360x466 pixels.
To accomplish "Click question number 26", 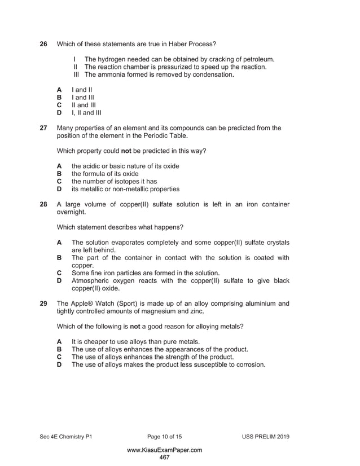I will pyautogui.click(x=43, y=43).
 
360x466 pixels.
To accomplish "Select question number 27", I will pyautogui.click(x=43, y=128).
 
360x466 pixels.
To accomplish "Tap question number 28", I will pyautogui.click(x=43, y=204).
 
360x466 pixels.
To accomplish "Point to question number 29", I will pyautogui.click(x=43, y=304).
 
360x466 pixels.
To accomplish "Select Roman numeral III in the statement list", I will pyautogui.click(x=77, y=74).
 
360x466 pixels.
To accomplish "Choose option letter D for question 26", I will pyautogui.click(x=59, y=112).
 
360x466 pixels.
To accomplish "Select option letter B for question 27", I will pyautogui.click(x=59, y=174).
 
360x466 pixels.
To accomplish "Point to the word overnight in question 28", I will pyautogui.click(x=71, y=212).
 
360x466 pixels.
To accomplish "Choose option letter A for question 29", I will pyautogui.click(x=59, y=342).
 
